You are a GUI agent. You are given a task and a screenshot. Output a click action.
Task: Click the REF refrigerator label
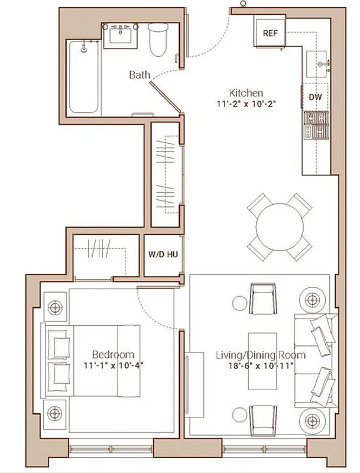coord(270,34)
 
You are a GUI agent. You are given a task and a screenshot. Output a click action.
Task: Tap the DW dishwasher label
coord(315,97)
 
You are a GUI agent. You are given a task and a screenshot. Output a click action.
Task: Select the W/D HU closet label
coord(163,255)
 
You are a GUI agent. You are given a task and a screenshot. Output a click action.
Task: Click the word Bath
coord(140,75)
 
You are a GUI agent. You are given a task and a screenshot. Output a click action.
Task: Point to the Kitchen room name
coord(246,93)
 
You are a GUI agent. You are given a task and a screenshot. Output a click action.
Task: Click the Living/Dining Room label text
coord(260,355)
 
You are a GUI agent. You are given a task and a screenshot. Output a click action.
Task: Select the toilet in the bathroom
coord(158,39)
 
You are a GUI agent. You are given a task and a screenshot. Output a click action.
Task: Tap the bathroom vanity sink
coord(124,36)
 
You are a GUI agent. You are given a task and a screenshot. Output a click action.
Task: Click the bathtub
coord(83,78)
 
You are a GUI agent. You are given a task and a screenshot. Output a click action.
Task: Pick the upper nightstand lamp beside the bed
coord(56,307)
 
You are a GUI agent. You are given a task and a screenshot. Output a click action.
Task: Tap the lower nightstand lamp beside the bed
coord(56,412)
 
